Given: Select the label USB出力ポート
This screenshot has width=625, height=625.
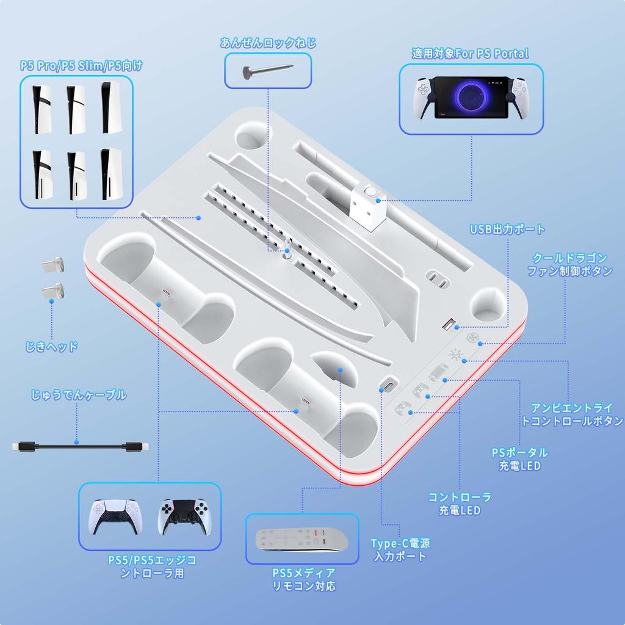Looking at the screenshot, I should (507, 229).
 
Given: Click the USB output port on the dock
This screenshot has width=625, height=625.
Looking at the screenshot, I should (449, 325).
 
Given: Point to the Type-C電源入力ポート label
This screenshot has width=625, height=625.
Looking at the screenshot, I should (400, 549).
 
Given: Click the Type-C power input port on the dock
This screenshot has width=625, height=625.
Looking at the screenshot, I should (388, 385).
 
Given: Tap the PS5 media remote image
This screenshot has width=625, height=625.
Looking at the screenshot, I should (302, 540).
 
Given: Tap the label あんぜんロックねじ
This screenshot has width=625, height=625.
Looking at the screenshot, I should (268, 43).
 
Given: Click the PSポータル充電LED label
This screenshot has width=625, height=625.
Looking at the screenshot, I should (519, 459).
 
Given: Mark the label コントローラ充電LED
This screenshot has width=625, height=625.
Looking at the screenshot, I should (459, 504).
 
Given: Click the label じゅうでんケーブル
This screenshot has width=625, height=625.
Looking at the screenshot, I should (79, 395).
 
